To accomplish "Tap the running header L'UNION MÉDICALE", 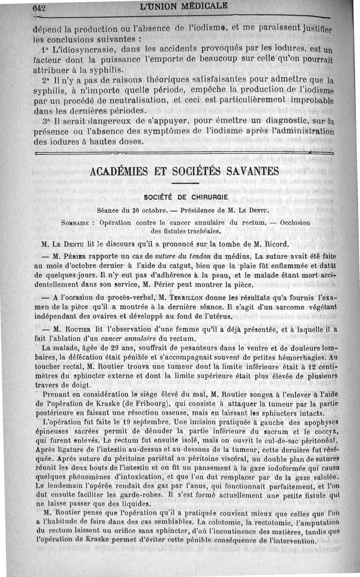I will (184, 7).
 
